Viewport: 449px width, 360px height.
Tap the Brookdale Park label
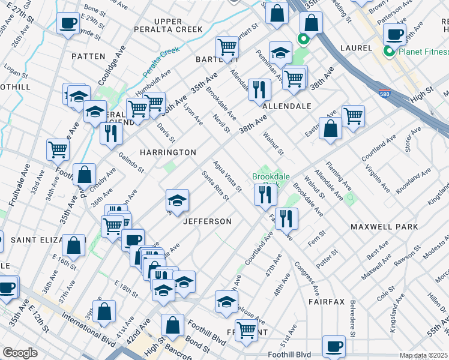[271, 178]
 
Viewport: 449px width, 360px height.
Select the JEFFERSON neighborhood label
[207, 221]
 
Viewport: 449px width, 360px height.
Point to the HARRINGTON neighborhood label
[168, 152]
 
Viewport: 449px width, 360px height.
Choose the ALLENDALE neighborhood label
[287, 106]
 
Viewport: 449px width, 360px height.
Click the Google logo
[20, 352]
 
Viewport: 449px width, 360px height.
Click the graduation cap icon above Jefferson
[176, 200]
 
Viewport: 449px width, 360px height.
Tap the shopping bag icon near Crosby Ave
[85, 174]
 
